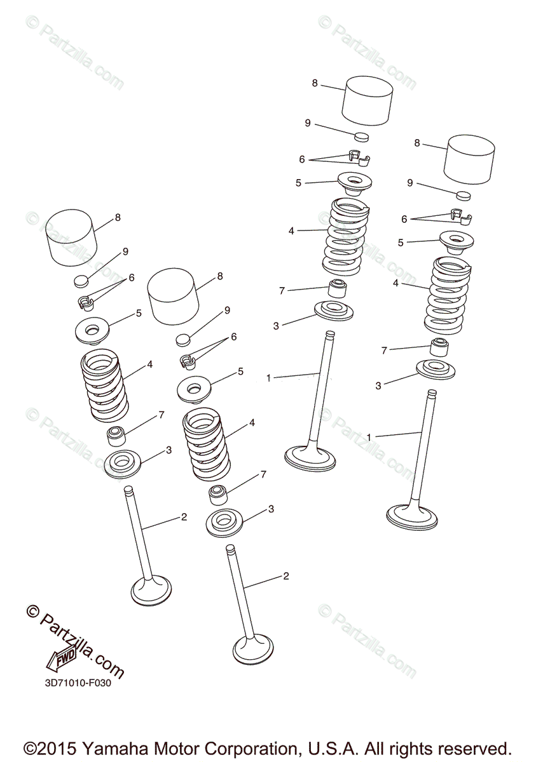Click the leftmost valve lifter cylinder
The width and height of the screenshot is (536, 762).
(x=71, y=237)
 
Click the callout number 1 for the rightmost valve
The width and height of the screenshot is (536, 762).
(x=369, y=437)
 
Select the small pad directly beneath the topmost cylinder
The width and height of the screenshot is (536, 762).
(x=362, y=137)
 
